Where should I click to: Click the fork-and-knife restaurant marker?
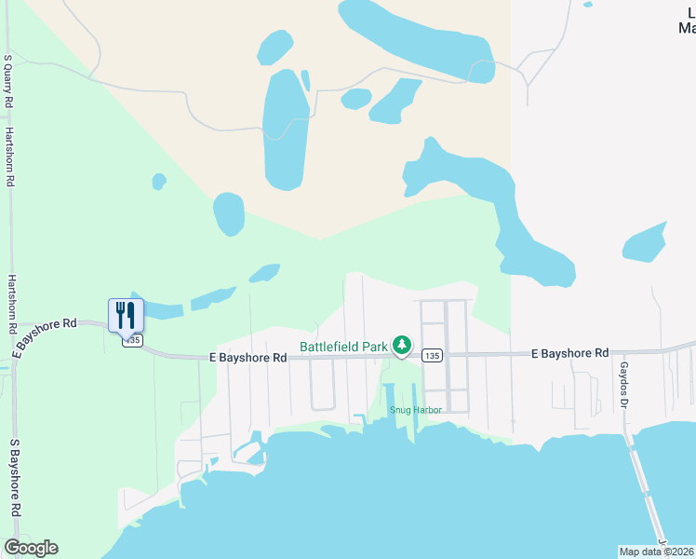[x=127, y=315]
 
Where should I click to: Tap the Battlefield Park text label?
[x=343, y=347]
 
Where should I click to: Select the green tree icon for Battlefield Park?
[x=401, y=346]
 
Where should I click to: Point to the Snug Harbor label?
[x=414, y=409]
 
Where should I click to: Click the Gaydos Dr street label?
[x=624, y=384]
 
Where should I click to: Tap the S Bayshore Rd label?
[x=15, y=479]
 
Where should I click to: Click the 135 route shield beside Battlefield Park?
[x=431, y=356]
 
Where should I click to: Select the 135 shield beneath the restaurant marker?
[x=131, y=341]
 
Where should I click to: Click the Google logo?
[x=31, y=548]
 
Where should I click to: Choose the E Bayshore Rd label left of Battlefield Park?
[x=248, y=358]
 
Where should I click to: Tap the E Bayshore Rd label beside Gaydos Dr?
[x=569, y=353]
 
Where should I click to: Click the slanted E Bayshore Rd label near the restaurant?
[x=45, y=336]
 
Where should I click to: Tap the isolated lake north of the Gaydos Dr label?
[x=645, y=243]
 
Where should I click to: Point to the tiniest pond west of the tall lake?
[x=159, y=181]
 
